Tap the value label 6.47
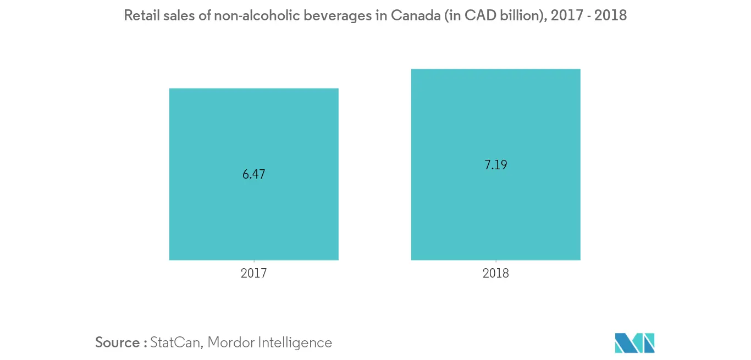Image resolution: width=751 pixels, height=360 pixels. point(253,175)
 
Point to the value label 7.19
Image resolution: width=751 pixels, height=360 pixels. point(495,165)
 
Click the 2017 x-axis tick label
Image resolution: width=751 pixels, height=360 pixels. point(253,273)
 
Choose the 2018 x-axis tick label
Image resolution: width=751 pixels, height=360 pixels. point(495,273)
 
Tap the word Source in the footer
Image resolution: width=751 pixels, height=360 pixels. point(117,342)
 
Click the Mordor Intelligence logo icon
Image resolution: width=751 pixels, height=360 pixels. point(634,342)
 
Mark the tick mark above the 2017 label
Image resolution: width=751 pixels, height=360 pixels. point(253,262)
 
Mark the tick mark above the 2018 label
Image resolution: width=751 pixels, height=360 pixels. point(495,262)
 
